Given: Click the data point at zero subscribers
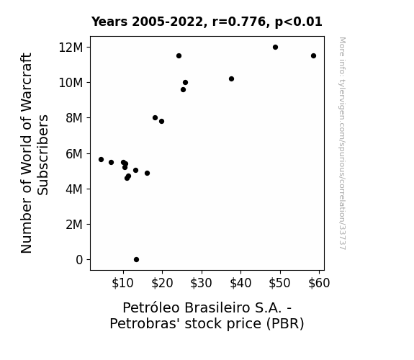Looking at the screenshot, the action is (136, 260).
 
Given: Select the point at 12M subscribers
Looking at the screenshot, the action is (275, 48).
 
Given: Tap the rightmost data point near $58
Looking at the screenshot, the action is (313, 55).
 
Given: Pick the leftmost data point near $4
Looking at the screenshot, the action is (101, 160).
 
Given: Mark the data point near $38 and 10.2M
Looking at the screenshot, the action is (231, 78).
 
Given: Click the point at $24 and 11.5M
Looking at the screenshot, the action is (179, 55).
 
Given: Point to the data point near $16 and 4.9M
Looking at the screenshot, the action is (147, 174).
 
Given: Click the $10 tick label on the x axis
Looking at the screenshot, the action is (123, 283).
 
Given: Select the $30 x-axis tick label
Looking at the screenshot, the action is (201, 283).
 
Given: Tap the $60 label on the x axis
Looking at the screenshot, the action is (319, 283).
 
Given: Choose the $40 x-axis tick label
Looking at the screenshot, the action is (240, 283).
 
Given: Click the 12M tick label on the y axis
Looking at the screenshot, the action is (71, 48).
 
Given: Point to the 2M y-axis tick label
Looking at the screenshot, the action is (74, 225).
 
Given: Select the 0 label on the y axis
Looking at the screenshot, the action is (79, 260).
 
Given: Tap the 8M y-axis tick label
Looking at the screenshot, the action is (74, 118).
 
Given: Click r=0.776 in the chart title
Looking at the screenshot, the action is (239, 22).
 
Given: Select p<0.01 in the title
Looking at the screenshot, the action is (299, 22).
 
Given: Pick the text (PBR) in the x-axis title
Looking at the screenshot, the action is (285, 323).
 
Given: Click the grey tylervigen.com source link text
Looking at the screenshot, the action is (343, 143).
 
